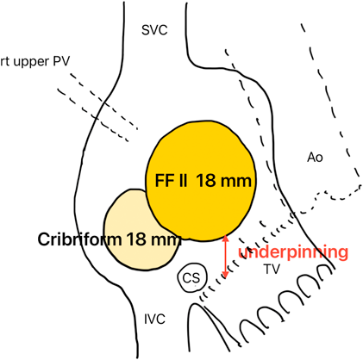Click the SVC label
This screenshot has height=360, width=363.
154,30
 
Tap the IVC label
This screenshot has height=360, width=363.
154,320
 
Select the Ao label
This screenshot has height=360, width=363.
315,158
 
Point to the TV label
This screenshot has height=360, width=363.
272,269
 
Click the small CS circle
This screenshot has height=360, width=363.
191,278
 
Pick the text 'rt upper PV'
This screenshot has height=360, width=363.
34,61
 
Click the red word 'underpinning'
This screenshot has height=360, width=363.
293,252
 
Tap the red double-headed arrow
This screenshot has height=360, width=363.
226,257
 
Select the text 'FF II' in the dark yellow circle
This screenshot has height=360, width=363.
172,181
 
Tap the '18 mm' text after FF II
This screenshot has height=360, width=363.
224,181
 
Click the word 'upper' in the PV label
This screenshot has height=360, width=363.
32,62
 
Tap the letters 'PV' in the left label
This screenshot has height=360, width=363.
61,61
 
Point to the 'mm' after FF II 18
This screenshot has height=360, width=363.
237,182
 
